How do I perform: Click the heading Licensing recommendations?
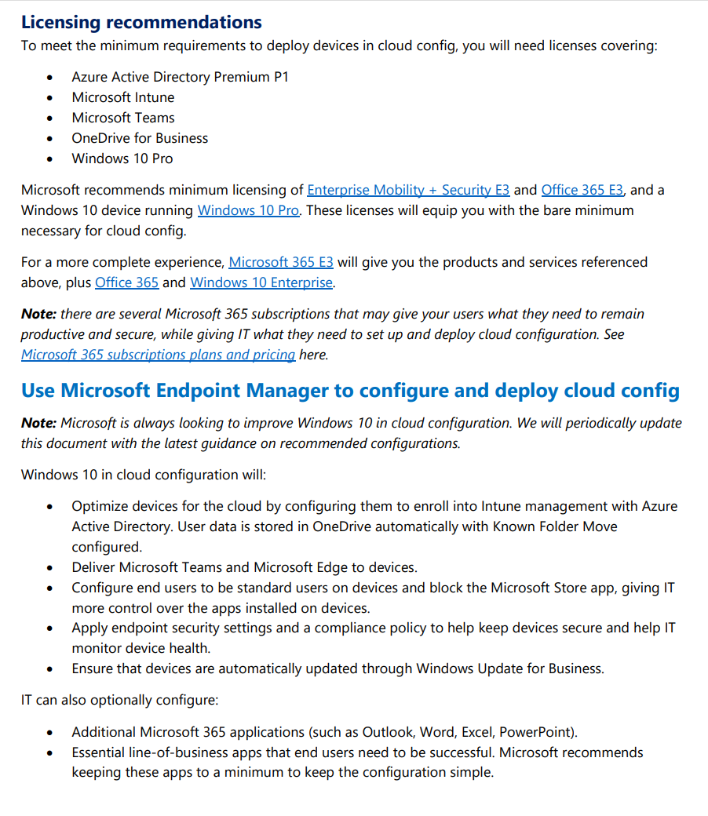click(141, 22)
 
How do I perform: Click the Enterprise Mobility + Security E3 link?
click(408, 190)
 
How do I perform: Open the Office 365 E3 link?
click(582, 190)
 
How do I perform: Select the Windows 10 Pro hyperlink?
click(248, 210)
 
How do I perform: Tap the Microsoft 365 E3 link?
click(281, 262)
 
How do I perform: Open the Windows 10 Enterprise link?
click(261, 282)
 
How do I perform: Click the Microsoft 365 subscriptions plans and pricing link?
click(158, 355)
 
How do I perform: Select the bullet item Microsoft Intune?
click(123, 97)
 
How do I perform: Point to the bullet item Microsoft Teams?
click(123, 118)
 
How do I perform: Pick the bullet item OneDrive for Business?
click(140, 138)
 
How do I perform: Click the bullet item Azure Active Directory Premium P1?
click(180, 77)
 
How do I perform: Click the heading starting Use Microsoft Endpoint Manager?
click(350, 391)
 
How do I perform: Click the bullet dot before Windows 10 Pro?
click(51, 159)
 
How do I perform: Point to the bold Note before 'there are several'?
click(38, 314)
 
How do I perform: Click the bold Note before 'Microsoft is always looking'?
click(38, 423)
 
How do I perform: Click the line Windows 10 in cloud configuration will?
click(144, 475)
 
